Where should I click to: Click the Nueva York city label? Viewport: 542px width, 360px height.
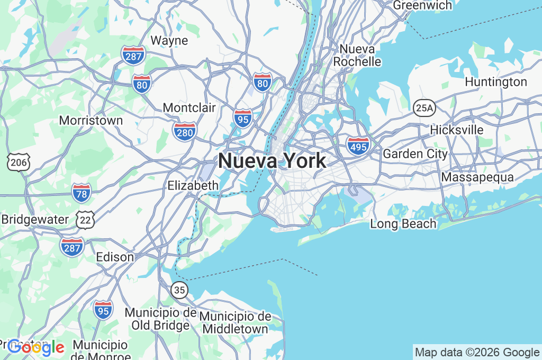(272, 160)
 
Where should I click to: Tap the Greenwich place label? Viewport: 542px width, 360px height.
(422, 5)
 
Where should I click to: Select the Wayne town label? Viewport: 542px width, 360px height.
(169, 40)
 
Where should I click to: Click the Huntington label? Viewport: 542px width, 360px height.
(496, 82)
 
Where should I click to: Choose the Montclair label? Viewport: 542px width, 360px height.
(189, 108)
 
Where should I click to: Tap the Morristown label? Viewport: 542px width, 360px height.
(91, 121)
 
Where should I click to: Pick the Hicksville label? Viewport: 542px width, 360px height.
(457, 130)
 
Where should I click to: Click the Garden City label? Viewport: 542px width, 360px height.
(415, 154)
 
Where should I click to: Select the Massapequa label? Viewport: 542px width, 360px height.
(477, 177)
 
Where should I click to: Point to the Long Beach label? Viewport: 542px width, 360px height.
(403, 224)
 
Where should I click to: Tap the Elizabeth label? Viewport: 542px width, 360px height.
(193, 185)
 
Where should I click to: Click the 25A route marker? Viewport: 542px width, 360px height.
(424, 107)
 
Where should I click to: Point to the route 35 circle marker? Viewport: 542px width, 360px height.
(179, 290)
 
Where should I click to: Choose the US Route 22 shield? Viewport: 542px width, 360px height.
(85, 219)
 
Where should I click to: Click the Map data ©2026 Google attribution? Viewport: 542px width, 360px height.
(476, 353)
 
